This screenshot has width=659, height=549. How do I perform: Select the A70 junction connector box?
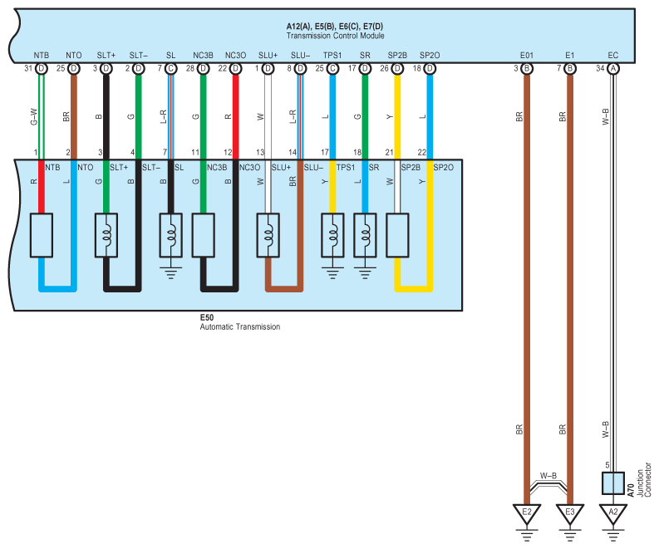coord(613,483)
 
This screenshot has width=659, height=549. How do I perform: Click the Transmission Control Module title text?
coord(335,36)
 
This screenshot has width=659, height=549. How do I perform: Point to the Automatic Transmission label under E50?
coord(240,326)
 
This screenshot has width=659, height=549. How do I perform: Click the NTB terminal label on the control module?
coord(42,56)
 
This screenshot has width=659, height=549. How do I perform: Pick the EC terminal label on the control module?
coord(613,56)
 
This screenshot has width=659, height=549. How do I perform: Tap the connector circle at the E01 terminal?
coord(527,68)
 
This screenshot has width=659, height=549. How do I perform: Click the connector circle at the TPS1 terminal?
coord(332,68)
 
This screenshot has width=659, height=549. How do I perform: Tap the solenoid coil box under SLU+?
coord(268,235)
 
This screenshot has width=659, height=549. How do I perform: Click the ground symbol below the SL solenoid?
coord(170,272)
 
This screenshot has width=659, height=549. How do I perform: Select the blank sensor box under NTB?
coord(42,235)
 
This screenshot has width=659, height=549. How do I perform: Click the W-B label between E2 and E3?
coord(548,475)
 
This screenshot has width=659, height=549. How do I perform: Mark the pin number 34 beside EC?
coord(600,68)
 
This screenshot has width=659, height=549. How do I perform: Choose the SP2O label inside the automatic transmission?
coord(444,168)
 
